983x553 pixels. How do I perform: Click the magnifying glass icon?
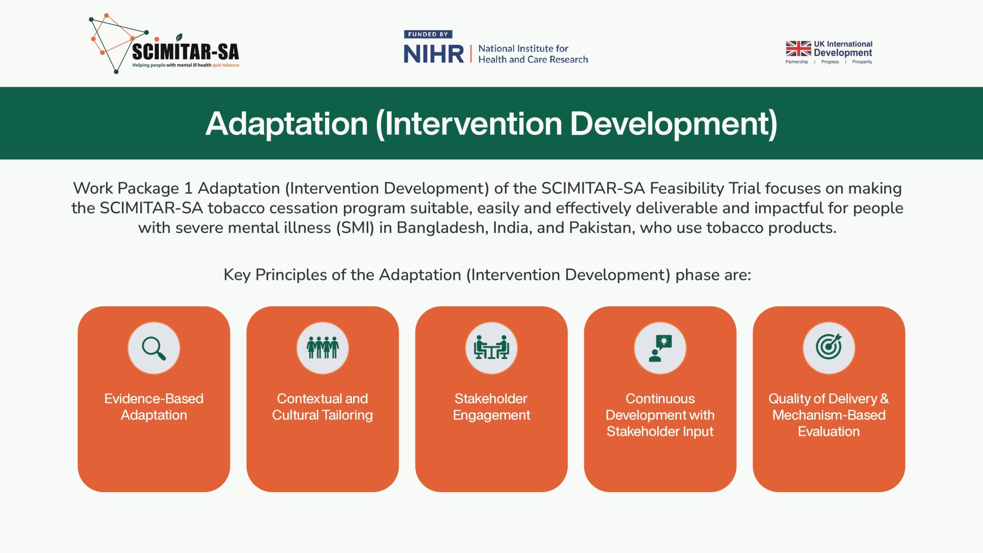(x=154, y=349)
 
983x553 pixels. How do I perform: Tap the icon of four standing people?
(x=323, y=348)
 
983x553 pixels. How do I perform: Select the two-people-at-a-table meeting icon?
(x=491, y=348)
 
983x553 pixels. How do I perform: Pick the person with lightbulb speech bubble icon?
(x=660, y=348)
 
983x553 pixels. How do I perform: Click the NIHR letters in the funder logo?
(x=434, y=54)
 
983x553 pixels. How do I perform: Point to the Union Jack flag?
(x=798, y=48)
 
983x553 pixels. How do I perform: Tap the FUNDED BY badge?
(x=428, y=35)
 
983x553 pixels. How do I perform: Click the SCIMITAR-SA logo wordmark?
(x=185, y=51)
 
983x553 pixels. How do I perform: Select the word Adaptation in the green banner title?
(x=287, y=123)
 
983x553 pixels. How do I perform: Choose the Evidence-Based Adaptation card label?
(x=154, y=407)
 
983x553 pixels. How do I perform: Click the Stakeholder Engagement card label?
(x=491, y=407)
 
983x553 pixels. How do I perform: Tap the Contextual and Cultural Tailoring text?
(x=323, y=407)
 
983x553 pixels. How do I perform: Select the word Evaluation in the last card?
(x=829, y=431)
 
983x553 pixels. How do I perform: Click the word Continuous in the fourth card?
(x=660, y=398)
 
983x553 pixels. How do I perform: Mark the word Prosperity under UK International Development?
(x=862, y=62)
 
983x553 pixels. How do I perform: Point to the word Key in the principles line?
(x=237, y=275)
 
